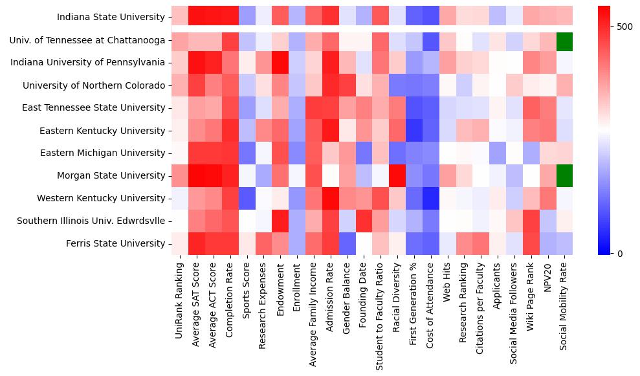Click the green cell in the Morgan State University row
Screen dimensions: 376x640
(565, 175)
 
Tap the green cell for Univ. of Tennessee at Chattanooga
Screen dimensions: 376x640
(565, 40)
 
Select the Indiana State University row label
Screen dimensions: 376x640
(111, 17)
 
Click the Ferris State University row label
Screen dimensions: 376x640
(115, 243)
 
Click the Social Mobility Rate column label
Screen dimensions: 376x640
(565, 304)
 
